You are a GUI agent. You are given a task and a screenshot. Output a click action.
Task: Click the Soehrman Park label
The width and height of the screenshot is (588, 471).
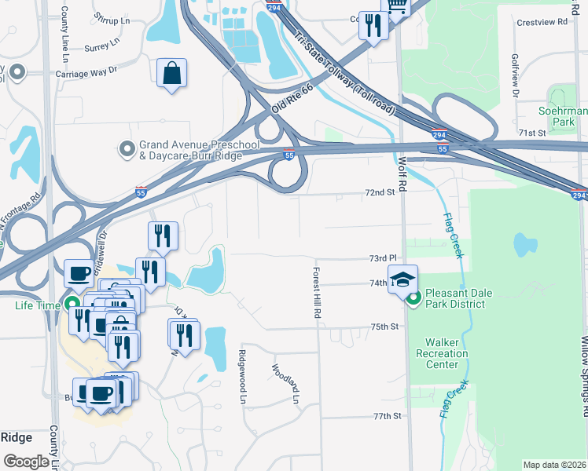563,117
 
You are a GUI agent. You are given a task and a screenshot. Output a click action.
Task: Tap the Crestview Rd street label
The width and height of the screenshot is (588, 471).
542,22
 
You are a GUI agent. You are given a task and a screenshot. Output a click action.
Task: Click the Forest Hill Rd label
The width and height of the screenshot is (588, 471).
318,291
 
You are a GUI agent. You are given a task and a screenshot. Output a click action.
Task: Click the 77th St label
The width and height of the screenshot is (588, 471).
387,415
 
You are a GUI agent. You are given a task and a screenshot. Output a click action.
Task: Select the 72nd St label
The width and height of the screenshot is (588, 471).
378,192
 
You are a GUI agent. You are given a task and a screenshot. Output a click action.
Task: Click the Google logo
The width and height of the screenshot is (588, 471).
25,461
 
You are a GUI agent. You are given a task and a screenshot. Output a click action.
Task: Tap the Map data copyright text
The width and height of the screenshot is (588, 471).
554,465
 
